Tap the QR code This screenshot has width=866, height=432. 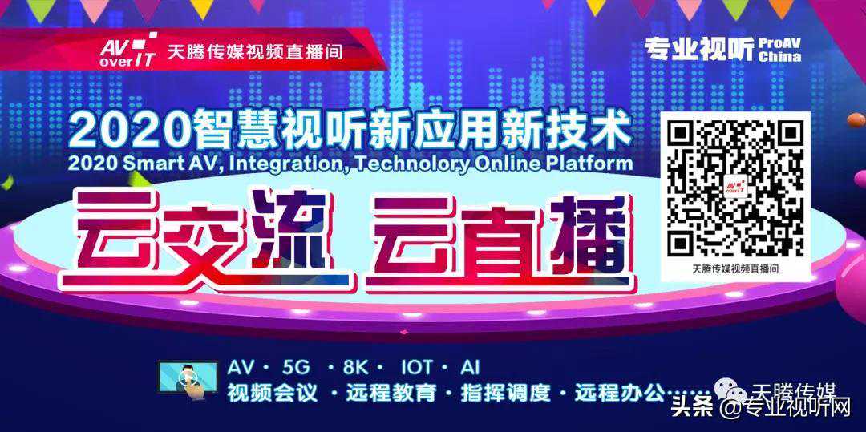pyautogui.click(x=735, y=188)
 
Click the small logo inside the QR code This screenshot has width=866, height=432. pyautogui.click(x=735, y=188)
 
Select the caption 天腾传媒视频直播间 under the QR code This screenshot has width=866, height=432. pyautogui.click(x=735, y=270)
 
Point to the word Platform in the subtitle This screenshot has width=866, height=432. pyautogui.click(x=594, y=163)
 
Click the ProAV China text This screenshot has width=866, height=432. pyautogui.click(x=779, y=50)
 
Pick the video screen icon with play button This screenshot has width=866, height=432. pyautogui.click(x=188, y=378)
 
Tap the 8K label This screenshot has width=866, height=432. pyautogui.click(x=356, y=368)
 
